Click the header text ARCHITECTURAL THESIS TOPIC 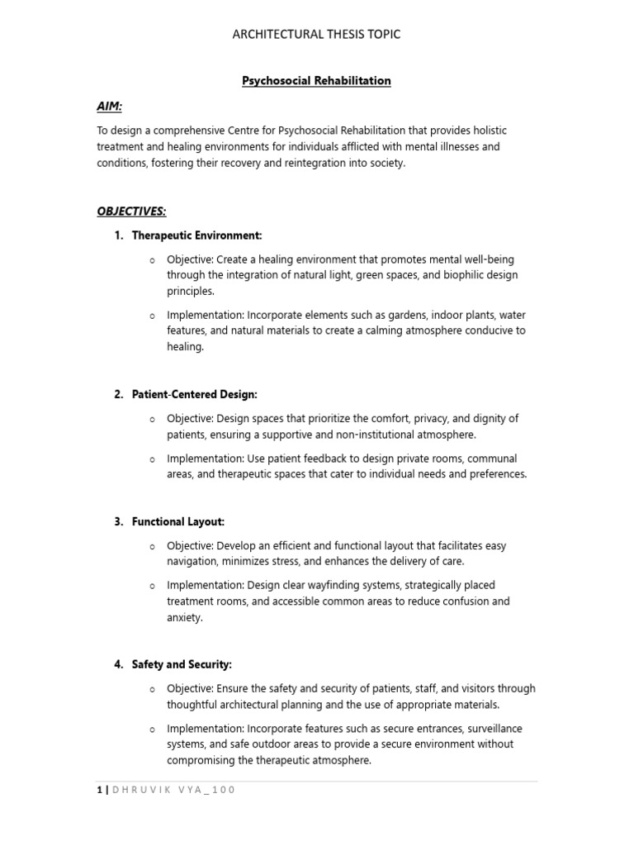317,34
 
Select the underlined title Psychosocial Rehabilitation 316,81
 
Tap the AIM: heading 111,107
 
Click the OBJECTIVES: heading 131,211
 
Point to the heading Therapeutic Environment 196,236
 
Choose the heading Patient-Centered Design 194,395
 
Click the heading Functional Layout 177,521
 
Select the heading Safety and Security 182,664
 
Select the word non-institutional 362,435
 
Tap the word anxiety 185,617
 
